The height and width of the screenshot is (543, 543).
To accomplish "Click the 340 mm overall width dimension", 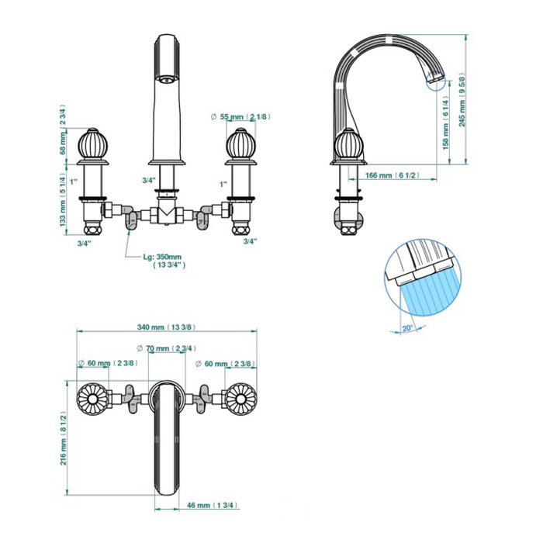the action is tap(167, 327).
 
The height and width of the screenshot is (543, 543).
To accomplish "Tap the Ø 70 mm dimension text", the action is tap(167, 348).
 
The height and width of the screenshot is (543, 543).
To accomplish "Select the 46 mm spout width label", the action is tap(213, 505).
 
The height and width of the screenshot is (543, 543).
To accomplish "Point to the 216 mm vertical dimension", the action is tap(64, 438).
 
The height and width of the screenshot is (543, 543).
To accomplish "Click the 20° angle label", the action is tap(407, 328).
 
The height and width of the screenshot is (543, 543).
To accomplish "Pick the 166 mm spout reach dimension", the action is tap(392, 175).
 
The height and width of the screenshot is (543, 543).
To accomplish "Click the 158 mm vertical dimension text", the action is tap(446, 123).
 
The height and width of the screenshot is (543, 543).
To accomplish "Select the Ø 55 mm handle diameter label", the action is tap(240, 116).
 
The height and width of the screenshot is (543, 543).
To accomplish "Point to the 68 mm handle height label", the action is tap(63, 130).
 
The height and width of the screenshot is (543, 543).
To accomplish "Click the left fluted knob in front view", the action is tap(92, 145).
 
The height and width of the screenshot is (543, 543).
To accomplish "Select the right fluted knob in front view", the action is tap(240, 145).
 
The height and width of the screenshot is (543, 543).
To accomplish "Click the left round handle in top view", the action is tap(92, 399).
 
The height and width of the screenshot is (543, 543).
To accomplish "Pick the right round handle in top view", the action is tap(241, 399).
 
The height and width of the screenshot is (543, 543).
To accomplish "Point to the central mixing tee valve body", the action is tap(167, 214).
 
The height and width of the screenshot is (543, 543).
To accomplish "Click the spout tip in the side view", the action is tap(435, 78).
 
